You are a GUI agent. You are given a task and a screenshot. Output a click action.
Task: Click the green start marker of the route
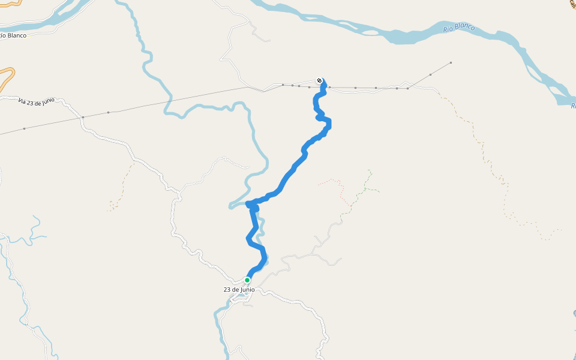[x=247, y=280]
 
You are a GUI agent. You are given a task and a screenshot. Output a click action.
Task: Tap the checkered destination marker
[x=319, y=80]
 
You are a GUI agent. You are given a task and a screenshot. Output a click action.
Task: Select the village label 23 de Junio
[x=239, y=290]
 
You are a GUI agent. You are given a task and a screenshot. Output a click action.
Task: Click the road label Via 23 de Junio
[x=40, y=101]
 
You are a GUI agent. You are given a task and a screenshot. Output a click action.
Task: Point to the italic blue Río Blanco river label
[x=459, y=28]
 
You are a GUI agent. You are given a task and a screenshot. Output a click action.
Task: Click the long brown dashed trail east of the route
[x=492, y=168]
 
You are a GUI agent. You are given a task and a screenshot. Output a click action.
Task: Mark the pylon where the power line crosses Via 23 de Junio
[x=83, y=117]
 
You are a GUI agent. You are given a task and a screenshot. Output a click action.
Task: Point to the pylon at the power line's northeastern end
[x=451, y=62]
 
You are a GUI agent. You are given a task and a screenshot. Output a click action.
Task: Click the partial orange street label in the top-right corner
[x=573, y=4]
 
